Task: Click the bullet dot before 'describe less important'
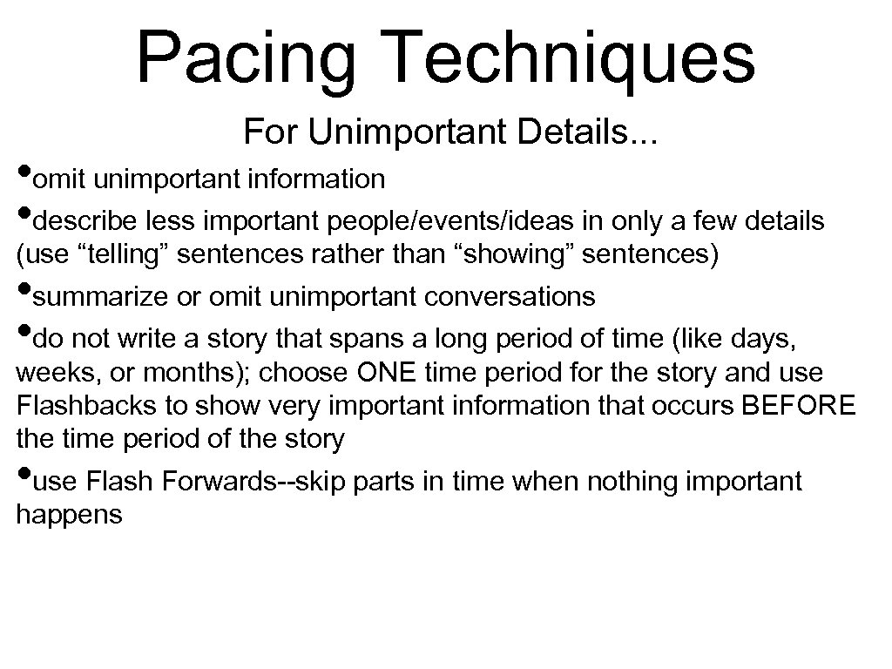coord(24,214)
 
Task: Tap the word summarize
coord(108,297)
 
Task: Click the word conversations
coord(510,297)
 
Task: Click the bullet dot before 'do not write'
coord(24,331)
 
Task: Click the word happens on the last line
coord(69,515)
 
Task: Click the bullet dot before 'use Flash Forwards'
coord(24,473)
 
